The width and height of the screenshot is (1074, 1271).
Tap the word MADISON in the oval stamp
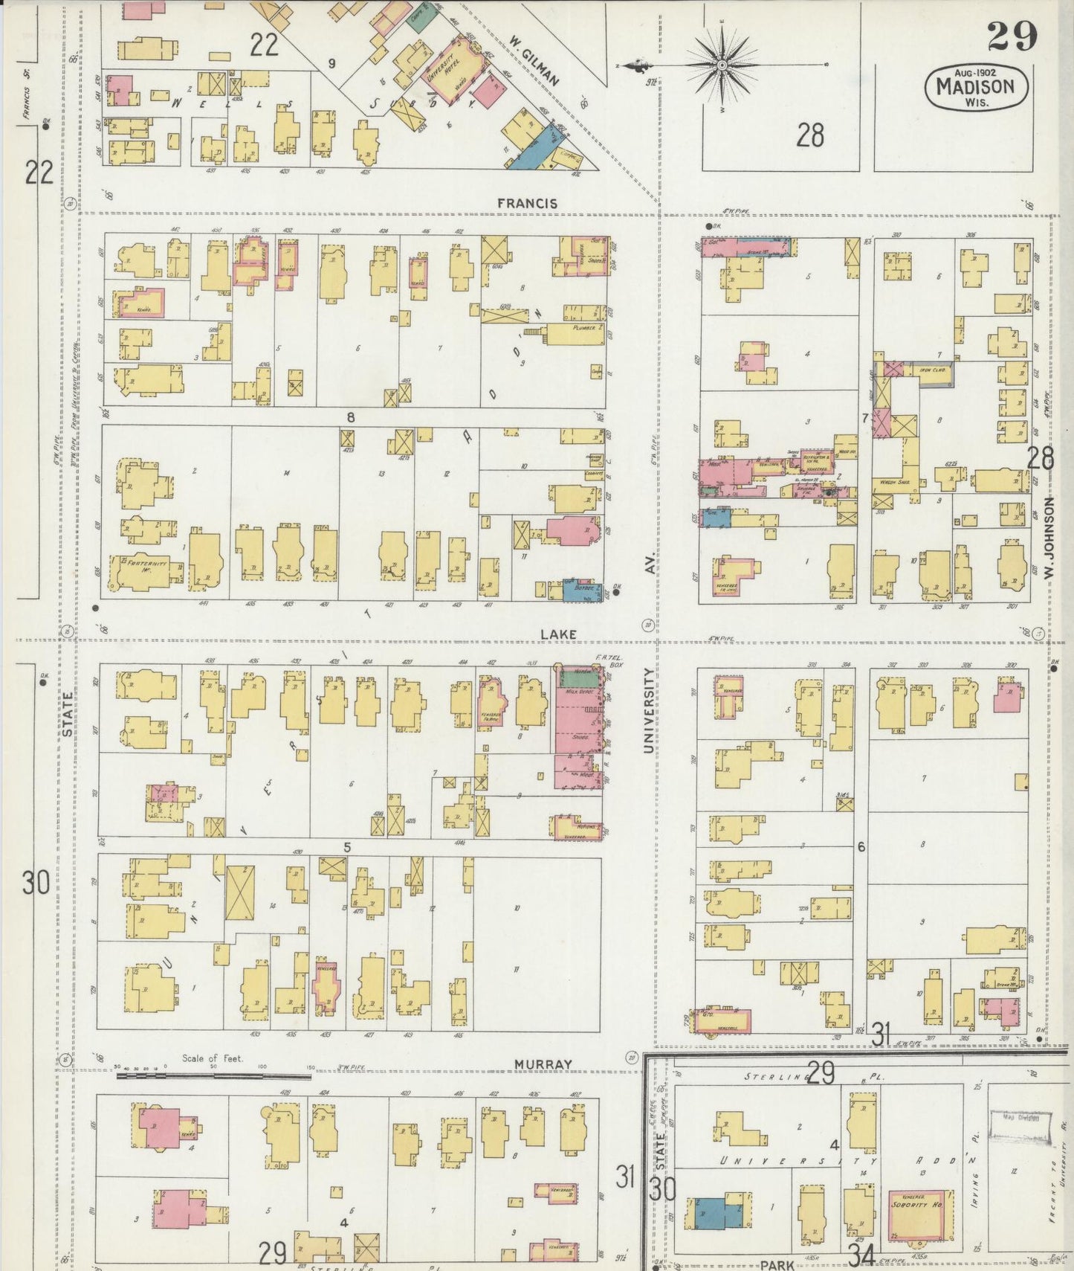coord(974,86)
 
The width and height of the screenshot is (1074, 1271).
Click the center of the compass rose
coord(722,66)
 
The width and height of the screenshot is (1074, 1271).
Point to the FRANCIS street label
coord(527,203)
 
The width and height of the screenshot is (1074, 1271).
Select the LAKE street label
coord(558,634)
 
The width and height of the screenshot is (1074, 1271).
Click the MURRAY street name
coord(543,1064)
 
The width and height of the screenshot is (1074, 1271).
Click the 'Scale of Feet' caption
coord(213,1058)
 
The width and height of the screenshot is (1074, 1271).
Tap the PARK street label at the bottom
coord(777,1264)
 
